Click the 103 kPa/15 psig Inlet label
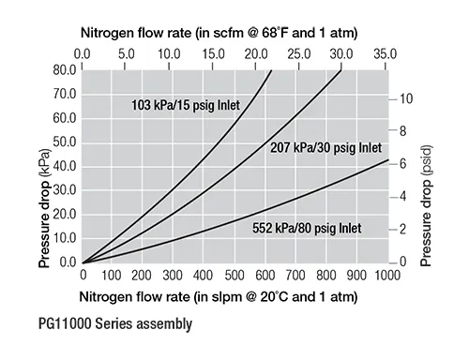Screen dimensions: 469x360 [186, 105]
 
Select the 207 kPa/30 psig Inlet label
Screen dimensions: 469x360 [325, 148]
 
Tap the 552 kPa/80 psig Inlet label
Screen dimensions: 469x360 [307, 228]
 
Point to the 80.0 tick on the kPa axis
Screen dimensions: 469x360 [65, 70]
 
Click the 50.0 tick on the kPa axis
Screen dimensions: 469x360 [65, 142]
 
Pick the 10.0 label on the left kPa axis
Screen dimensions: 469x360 [65, 238]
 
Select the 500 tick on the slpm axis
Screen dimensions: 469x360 [234, 276]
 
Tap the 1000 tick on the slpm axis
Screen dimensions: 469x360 [387, 276]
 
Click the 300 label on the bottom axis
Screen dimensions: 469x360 [173, 276]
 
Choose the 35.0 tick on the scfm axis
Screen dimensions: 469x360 [386, 54]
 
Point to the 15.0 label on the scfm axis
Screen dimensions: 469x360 [213, 54]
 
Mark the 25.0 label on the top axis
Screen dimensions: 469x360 [299, 54]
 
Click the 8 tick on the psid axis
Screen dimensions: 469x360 [402, 131]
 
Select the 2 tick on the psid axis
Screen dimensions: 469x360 [402, 230]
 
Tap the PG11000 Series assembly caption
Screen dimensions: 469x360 [115, 323]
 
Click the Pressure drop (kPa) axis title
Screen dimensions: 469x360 [44, 208]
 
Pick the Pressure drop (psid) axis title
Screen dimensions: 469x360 [426, 206]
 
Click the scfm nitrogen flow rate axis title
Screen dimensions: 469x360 [219, 33]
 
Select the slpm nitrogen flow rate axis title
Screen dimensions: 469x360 [219, 296]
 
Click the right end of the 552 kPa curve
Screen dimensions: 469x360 [388, 159]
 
